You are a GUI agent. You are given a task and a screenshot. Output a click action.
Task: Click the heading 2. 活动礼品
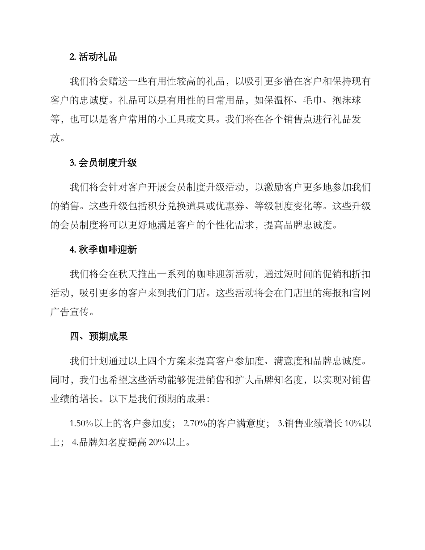click(93, 57)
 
